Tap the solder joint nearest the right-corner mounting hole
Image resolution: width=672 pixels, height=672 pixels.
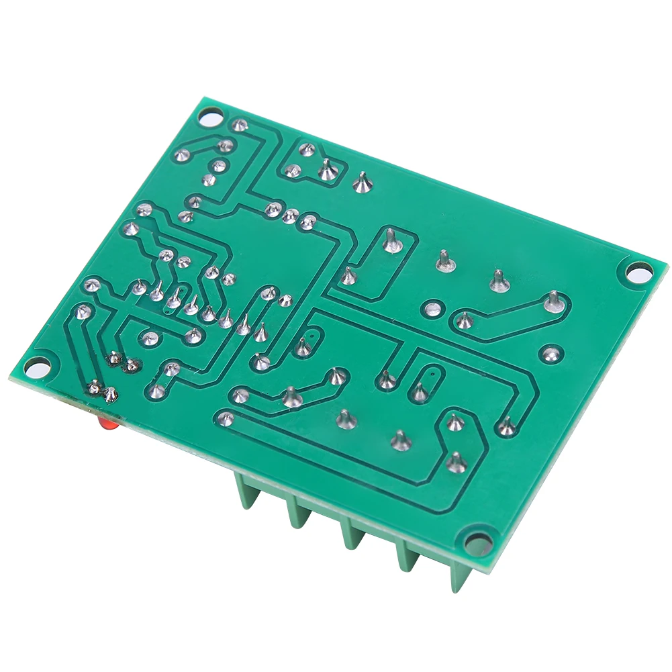point(553,301)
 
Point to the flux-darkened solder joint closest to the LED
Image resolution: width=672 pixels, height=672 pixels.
point(110,394)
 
